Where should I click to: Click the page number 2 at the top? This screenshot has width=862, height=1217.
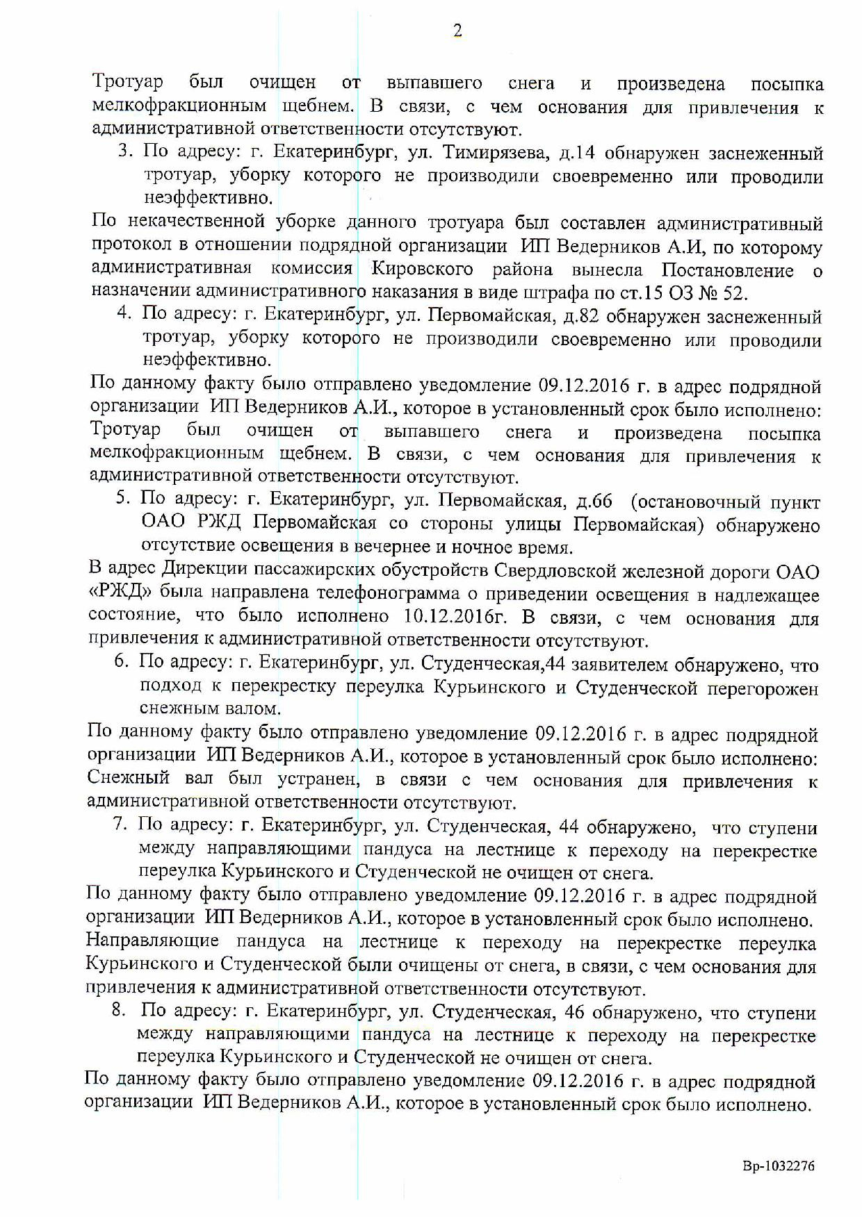(x=457, y=31)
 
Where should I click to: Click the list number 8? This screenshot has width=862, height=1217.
(x=118, y=1012)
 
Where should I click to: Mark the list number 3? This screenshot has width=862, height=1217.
(x=125, y=153)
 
